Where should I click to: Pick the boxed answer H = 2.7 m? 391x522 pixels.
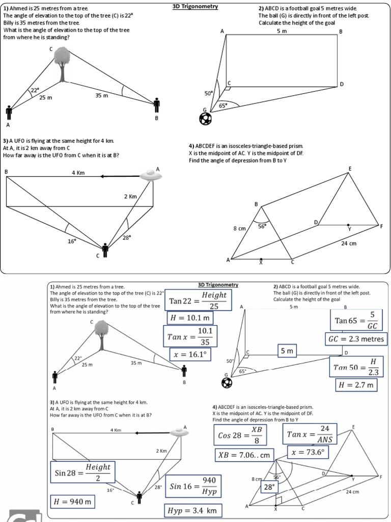point(356,385)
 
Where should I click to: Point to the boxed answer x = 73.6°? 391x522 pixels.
point(307,452)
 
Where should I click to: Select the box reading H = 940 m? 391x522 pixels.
point(73,502)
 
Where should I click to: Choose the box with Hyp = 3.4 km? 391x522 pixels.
point(193,510)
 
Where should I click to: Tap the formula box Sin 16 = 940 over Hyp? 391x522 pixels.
point(193,487)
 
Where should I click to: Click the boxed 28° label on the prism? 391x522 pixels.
point(268,487)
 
